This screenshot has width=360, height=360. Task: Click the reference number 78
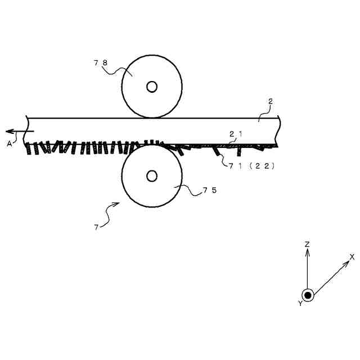point(101,63)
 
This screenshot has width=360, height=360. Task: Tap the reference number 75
point(210,191)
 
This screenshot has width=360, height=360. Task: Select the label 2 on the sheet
point(271,102)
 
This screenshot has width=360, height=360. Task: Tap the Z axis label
point(307,244)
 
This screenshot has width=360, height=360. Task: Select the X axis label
point(352,256)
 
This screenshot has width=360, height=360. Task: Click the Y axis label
point(300,303)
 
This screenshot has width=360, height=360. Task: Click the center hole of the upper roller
point(152,86)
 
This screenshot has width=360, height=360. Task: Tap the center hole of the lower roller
point(152,176)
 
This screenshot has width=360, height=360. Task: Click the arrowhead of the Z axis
point(307,251)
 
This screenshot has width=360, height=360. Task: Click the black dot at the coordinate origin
point(308,295)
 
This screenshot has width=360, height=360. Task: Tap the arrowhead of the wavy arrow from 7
point(119,203)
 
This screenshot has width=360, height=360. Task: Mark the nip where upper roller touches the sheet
point(152,117)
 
